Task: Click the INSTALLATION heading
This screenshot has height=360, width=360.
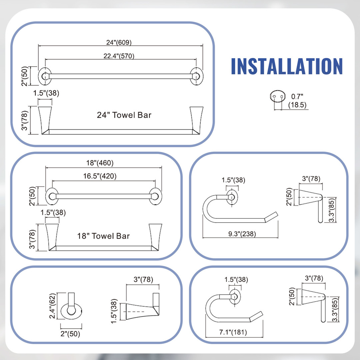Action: click(287, 66)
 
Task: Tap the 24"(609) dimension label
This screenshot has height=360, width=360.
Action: click(119, 42)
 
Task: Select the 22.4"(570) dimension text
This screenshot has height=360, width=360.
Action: click(119, 56)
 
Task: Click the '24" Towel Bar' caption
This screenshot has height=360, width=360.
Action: click(124, 115)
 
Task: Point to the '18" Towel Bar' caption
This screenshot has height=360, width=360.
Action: click(103, 236)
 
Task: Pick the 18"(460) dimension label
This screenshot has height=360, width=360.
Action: click(100, 163)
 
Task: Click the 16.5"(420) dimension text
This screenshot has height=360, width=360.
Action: click(100, 176)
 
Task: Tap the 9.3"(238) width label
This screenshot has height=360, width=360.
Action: click(242, 234)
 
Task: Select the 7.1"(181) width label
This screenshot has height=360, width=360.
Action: click(233, 332)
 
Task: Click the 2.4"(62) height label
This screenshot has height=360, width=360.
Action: click(53, 306)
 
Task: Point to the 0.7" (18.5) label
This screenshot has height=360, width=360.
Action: click(297, 101)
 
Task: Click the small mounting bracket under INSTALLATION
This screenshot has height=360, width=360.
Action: click(278, 96)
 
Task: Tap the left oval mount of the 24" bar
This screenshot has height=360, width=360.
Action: click(45, 76)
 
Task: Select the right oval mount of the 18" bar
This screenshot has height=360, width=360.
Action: click(155, 197)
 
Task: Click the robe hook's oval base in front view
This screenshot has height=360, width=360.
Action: click(71, 311)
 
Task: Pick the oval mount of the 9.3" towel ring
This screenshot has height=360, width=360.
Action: click(232, 197)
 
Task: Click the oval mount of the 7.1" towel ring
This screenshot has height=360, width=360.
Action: click(235, 297)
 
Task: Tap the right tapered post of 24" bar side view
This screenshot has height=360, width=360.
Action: click(196, 120)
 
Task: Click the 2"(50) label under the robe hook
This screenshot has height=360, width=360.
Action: click(70, 334)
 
